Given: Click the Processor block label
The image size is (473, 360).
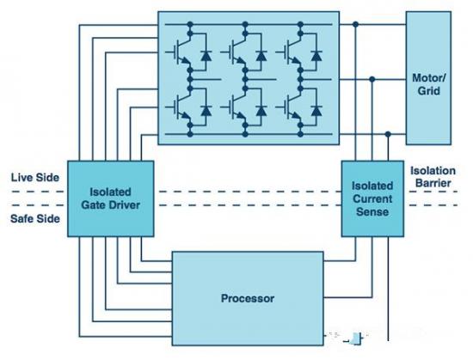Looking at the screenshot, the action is tap(248, 298).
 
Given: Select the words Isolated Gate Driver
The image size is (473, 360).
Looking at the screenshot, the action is tap(110, 198).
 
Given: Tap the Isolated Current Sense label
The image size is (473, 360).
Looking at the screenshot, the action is tap(372, 198).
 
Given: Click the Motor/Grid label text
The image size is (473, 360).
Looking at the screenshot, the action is tap(428, 84).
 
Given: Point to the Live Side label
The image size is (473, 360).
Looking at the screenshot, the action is tap(35, 178).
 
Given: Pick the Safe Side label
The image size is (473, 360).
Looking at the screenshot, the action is tap(35, 218).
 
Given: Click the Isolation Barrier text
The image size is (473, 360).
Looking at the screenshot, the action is tap(433, 177).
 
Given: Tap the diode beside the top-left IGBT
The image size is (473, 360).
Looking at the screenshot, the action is tap(206, 56).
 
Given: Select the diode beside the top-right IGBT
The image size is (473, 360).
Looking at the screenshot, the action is tap(316, 56).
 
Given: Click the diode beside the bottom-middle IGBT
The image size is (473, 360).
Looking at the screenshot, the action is tap(261, 111).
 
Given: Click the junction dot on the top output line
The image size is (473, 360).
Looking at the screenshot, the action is tap(356, 24).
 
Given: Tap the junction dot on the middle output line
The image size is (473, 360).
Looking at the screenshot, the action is tap(372, 79).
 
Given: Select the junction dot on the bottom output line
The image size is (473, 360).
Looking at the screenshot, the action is tap(388, 134).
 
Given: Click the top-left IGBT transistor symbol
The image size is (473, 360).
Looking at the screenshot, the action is tap(180, 52).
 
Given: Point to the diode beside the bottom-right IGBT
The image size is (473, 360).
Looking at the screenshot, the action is tap(316, 111).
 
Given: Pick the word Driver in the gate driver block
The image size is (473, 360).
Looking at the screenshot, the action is tap(125, 205).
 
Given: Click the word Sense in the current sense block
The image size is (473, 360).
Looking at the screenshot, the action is tap(372, 211).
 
